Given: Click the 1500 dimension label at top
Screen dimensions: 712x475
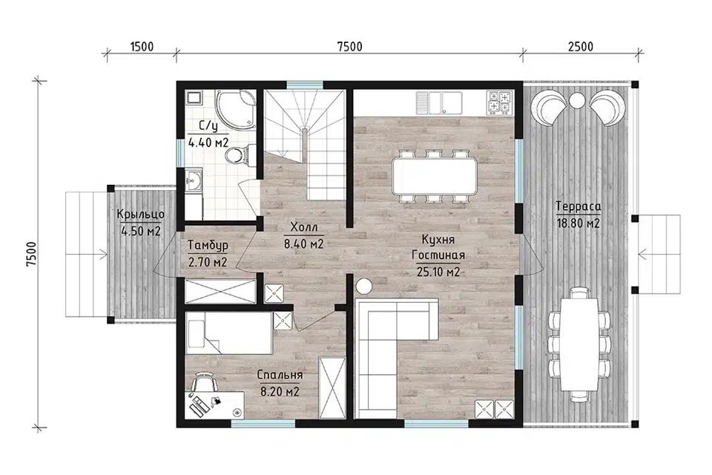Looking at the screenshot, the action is point(142,47).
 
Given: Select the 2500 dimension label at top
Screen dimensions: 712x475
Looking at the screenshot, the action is point(580,47).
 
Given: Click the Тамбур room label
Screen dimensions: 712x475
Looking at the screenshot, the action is point(208,246).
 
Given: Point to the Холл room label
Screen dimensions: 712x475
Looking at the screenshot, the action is point(304,227).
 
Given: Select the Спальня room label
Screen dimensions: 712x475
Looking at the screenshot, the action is point(280,376).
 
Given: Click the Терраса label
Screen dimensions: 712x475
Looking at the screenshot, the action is point(578,207).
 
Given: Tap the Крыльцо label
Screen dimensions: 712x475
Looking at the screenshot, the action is point(141,214).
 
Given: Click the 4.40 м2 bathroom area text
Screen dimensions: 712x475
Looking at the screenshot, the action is point(208,142).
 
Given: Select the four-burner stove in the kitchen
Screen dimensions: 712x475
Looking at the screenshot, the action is point(499,102).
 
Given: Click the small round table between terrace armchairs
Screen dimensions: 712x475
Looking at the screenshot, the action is point(578,101).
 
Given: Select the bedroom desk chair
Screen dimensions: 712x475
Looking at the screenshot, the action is point(203,381).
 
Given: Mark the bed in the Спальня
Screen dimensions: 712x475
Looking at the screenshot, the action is point(230,332).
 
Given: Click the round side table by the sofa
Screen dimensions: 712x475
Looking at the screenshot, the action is point(364,286).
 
